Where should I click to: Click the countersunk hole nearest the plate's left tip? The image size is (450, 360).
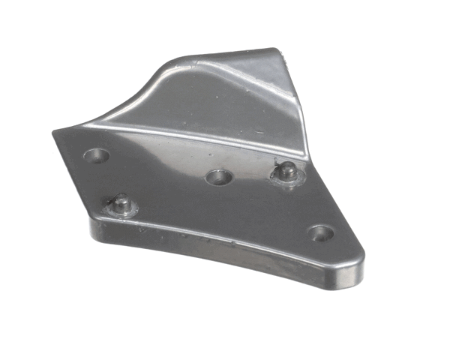[x=96, y=156]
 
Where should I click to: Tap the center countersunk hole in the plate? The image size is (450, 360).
[x=217, y=178]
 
